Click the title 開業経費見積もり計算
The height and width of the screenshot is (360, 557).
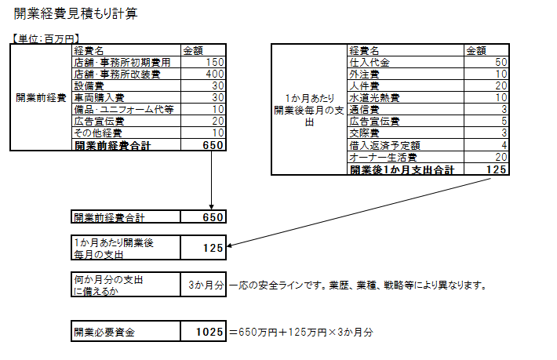point(78,14)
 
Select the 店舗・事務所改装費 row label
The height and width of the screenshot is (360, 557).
point(117,73)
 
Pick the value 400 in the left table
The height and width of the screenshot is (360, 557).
point(213,73)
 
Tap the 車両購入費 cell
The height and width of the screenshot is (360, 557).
point(99,97)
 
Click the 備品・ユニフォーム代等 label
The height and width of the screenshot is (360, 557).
point(123,109)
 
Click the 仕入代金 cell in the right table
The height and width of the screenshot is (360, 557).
point(370,61)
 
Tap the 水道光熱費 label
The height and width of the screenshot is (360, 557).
point(374,97)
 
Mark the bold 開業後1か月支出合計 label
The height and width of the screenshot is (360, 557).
point(402,169)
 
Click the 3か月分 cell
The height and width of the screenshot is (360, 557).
point(205,284)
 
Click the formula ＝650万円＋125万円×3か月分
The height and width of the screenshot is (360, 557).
point(301,332)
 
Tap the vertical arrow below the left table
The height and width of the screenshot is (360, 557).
point(212,180)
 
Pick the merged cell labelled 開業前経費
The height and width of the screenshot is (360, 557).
point(40,97)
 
